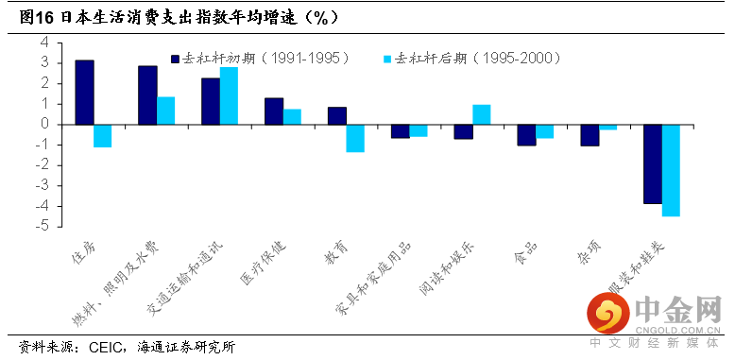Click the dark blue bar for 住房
click(84, 93)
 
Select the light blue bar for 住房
click(103, 136)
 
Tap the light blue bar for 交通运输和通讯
click(229, 95)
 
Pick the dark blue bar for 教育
click(337, 116)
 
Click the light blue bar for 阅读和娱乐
click(482, 114)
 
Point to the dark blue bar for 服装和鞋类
click(653, 164)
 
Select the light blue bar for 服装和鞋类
click(671, 171)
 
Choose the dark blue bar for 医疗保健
click(274, 111)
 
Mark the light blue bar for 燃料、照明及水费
click(166, 111)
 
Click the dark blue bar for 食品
click(526, 135)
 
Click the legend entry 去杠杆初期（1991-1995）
click(261, 59)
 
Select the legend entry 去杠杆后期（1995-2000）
click(472, 59)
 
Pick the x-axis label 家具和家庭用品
click(374, 279)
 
